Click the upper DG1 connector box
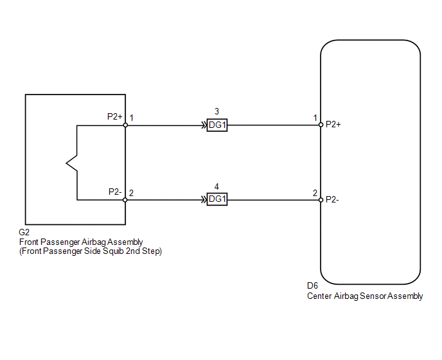coord(217,125)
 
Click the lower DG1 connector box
coord(217,199)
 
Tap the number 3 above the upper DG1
coord(217,111)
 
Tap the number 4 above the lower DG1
coord(217,186)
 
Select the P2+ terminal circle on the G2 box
coord(125,125)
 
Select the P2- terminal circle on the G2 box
coord(125,200)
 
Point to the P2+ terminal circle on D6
coord(321,125)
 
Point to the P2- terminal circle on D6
coord(321,200)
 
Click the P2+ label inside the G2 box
coord(115,116)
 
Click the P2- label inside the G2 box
coord(115,192)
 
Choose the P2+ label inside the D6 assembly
coord(333,125)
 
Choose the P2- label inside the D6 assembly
coord(332,200)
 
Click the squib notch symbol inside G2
coord(71,163)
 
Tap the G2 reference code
coord(24,232)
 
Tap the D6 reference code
coord(312,286)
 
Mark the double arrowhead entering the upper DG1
coord(204,125)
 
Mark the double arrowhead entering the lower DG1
coord(204,200)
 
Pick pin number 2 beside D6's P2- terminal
coord(315,193)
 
